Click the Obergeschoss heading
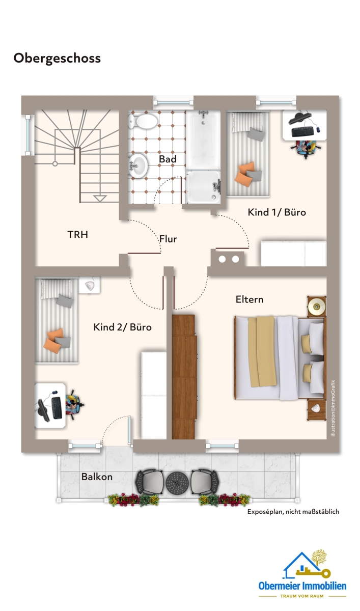57,59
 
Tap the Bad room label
168,159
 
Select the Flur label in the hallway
168,239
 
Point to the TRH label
78,235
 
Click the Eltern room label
250,299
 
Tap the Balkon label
97,477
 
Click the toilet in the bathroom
143,121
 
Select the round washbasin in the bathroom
138,165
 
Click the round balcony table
177,483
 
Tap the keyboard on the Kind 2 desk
57,407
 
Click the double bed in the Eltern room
280,358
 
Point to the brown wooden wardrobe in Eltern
184,377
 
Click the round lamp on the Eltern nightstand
316,307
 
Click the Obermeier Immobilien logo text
302,586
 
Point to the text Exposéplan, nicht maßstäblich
293,512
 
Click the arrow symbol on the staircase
100,198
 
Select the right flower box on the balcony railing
225,499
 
